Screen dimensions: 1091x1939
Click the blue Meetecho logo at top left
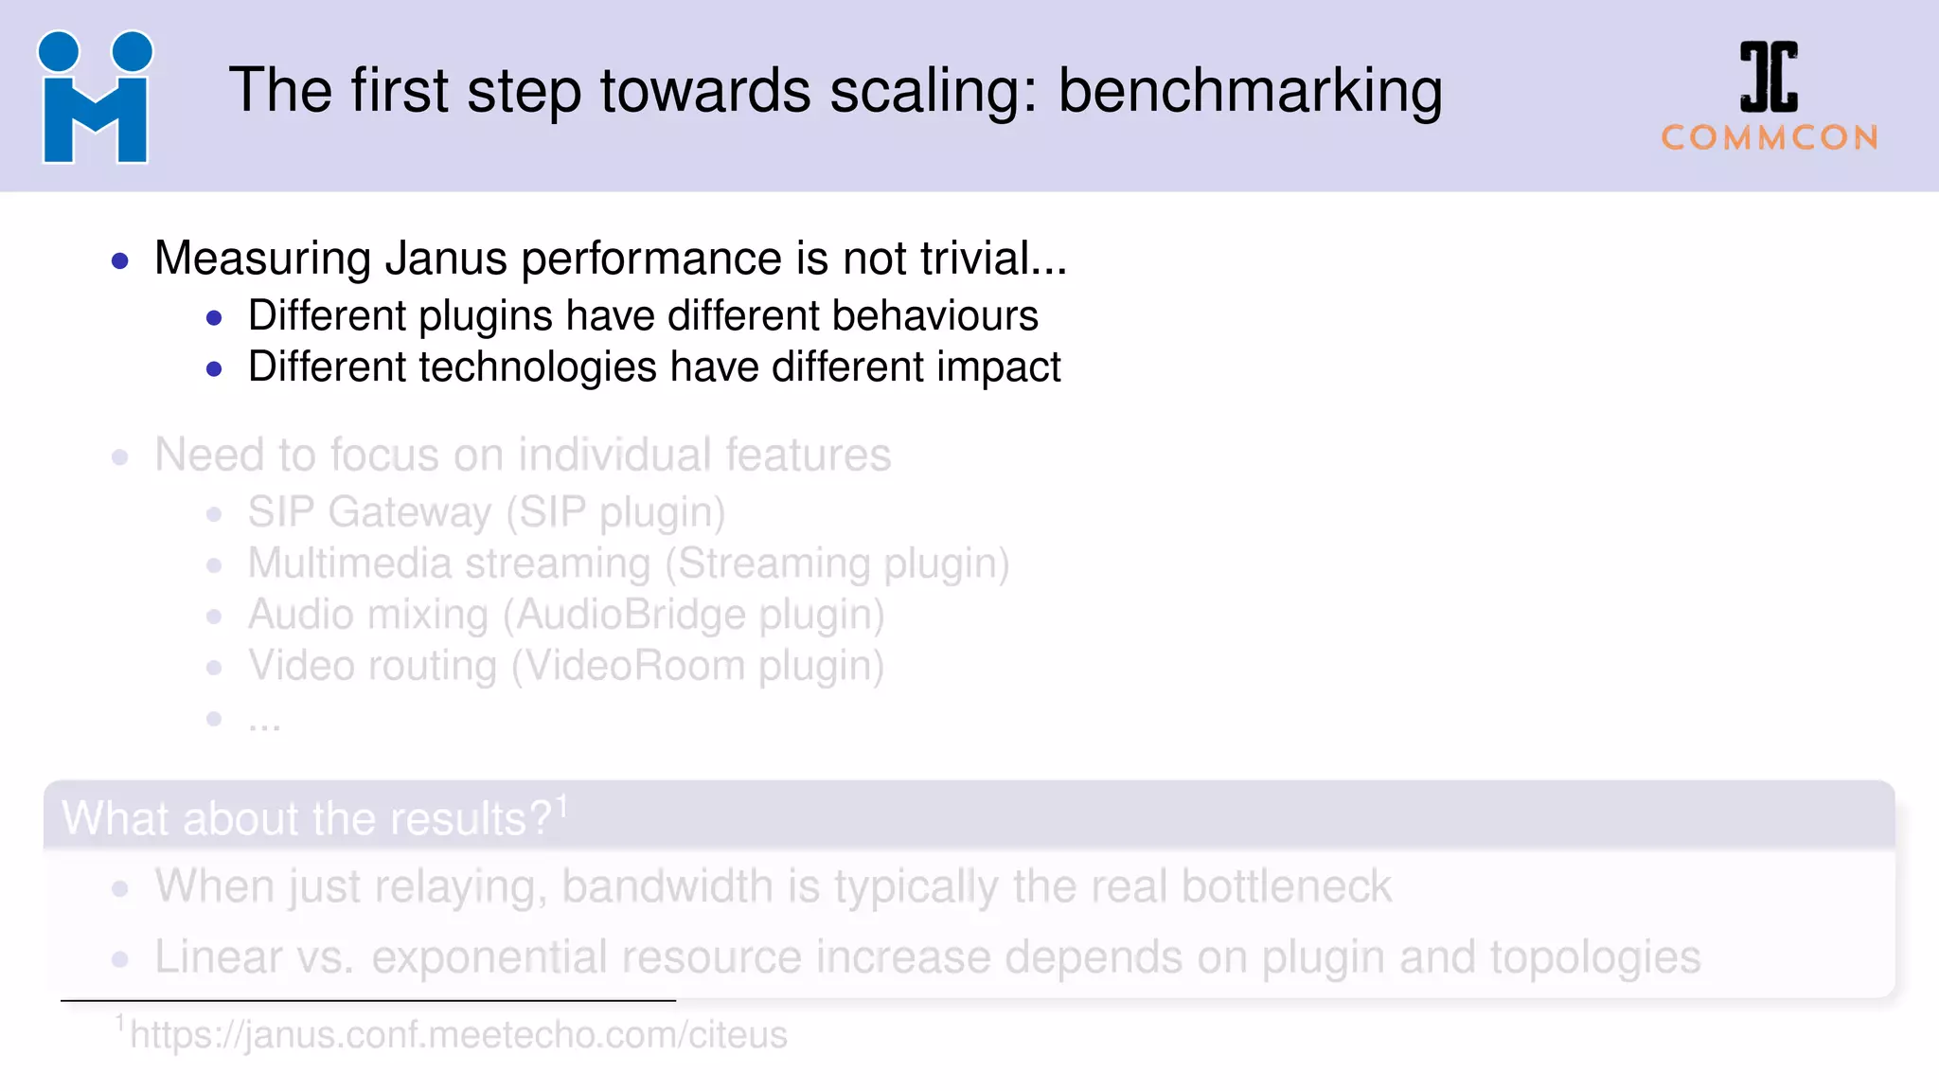click(95, 98)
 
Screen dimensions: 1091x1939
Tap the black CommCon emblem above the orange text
click(1769, 78)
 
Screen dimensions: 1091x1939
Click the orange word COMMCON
click(1770, 138)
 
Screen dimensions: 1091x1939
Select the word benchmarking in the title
click(1250, 92)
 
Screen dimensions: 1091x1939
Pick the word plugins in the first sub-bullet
click(486, 316)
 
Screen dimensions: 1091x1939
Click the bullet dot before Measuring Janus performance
click(120, 260)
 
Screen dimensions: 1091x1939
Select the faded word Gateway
click(410, 512)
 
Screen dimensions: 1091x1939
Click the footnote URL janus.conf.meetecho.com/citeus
click(458, 1035)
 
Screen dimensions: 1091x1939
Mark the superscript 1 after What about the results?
click(561, 806)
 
